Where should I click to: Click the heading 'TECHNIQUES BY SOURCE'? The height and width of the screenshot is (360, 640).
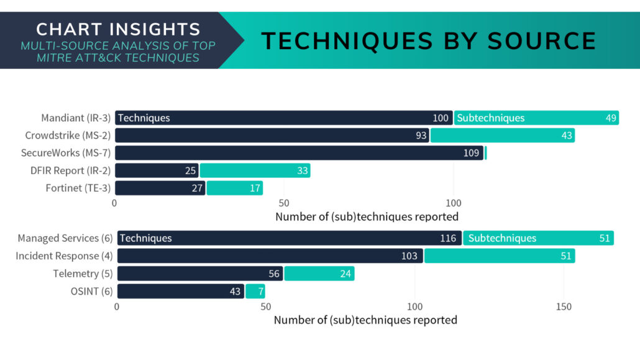click(429, 41)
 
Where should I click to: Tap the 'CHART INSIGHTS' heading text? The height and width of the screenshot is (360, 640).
click(118, 29)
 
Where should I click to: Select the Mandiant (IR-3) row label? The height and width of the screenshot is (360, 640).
click(75, 118)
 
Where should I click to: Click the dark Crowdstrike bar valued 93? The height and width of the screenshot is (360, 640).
click(272, 136)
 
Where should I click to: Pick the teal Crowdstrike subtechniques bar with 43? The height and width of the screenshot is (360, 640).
click(502, 136)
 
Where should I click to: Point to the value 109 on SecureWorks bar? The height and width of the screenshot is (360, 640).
click(472, 153)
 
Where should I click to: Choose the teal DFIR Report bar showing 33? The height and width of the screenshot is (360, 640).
click(255, 170)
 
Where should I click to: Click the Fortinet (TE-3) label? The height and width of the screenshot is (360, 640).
click(78, 188)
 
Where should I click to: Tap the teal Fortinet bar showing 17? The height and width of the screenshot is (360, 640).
click(235, 188)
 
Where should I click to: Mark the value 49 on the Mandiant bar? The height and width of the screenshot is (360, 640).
click(611, 118)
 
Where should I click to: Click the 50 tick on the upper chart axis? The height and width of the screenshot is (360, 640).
click(284, 203)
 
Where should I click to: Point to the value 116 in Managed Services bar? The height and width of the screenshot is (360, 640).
click(447, 238)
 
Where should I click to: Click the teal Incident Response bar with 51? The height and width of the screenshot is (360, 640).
click(500, 256)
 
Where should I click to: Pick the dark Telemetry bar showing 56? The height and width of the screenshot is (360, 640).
click(200, 274)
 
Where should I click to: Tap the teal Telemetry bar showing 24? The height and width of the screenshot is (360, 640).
click(319, 274)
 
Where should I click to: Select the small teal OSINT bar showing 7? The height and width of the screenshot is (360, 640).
click(255, 291)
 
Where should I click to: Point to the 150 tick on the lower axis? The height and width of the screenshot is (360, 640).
click(563, 307)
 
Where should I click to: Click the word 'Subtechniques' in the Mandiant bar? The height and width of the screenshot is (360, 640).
click(491, 118)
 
